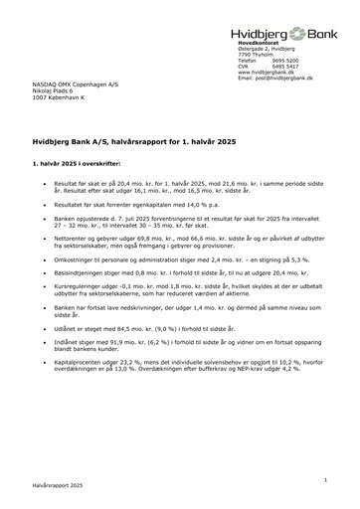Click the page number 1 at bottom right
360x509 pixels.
tap(324, 479)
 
